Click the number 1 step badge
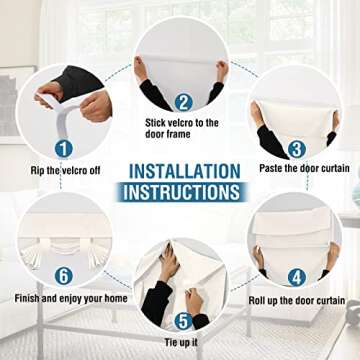click(64, 149)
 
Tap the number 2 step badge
click(183, 103)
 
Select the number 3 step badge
click(296, 150)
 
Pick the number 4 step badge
click(297, 277)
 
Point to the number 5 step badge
click(184, 322)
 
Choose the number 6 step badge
click(64, 276)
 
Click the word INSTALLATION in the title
click(184, 171)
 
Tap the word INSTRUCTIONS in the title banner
click(181, 192)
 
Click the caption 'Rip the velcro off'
click(65, 171)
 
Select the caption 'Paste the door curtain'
click(304, 168)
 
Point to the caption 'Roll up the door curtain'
click(297, 300)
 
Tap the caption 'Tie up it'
click(181, 342)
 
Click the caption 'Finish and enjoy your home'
click(71, 298)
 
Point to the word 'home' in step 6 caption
click(115, 298)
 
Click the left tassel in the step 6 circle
click(31, 256)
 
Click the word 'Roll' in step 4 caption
click(257, 300)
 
